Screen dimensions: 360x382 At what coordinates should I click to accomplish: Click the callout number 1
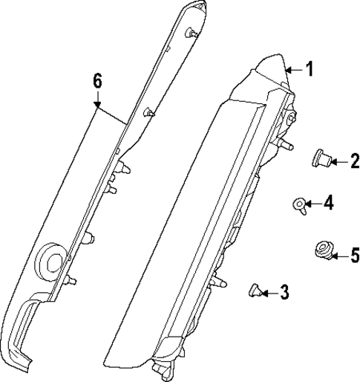310,69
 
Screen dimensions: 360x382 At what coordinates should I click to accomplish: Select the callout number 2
355,161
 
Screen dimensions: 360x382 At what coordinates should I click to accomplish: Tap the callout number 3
284,292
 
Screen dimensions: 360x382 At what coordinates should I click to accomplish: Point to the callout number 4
329,202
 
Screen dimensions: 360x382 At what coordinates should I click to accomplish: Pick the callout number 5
355,254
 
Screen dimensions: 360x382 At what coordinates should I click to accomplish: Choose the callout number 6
97,81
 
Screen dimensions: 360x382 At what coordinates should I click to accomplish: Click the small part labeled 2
321,158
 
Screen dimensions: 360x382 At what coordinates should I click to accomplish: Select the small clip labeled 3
255,291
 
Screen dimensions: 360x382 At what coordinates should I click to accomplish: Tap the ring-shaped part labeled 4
300,205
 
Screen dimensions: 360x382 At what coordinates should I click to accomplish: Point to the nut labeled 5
324,250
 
